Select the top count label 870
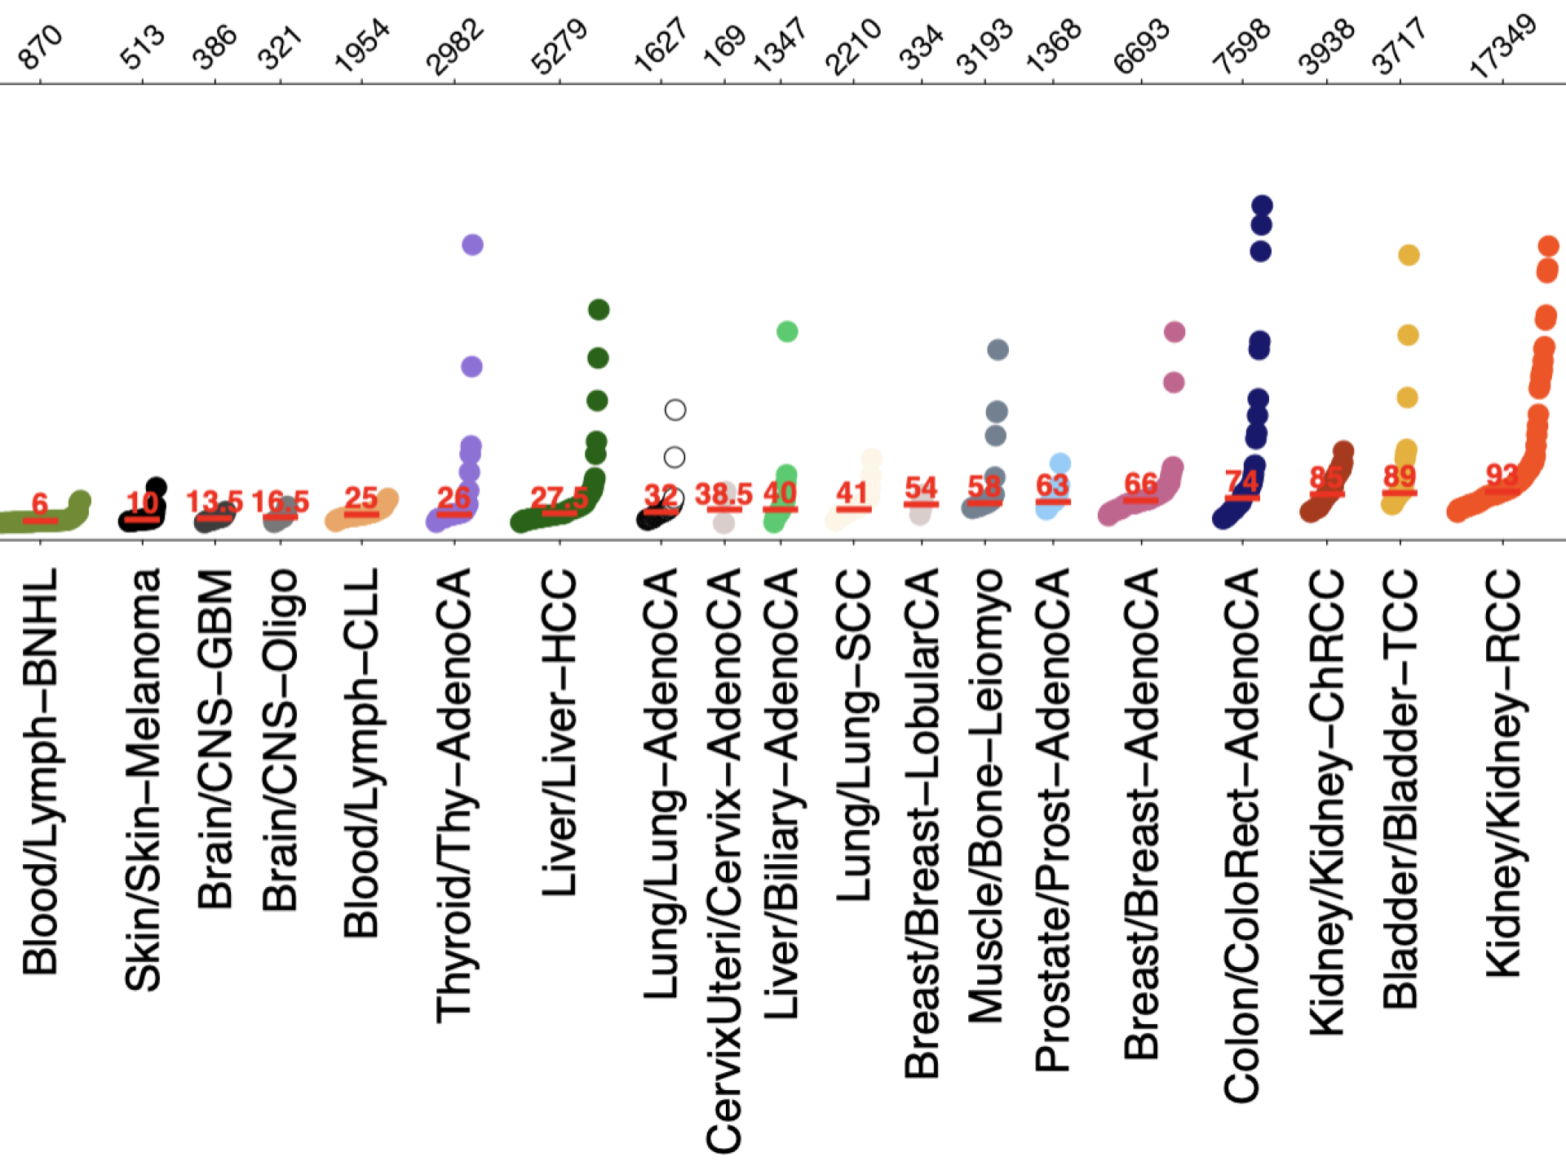pos(39,47)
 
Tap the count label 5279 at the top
pos(559,47)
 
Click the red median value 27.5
pos(560,497)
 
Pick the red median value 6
pos(40,503)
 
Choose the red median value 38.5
pos(723,494)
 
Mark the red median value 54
pos(921,488)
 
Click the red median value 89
pos(1400,476)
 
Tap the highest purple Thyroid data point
pos(472,244)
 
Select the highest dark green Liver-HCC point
pos(599,309)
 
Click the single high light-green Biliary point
pos(787,331)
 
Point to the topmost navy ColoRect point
pos(1262,205)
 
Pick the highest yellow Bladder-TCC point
pos(1409,255)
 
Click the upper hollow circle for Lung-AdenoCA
pos(675,410)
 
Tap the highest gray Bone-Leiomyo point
pos(998,350)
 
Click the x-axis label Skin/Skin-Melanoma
pos(143,779)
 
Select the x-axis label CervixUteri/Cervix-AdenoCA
pos(723,861)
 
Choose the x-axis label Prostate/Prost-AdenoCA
pos(1053,820)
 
